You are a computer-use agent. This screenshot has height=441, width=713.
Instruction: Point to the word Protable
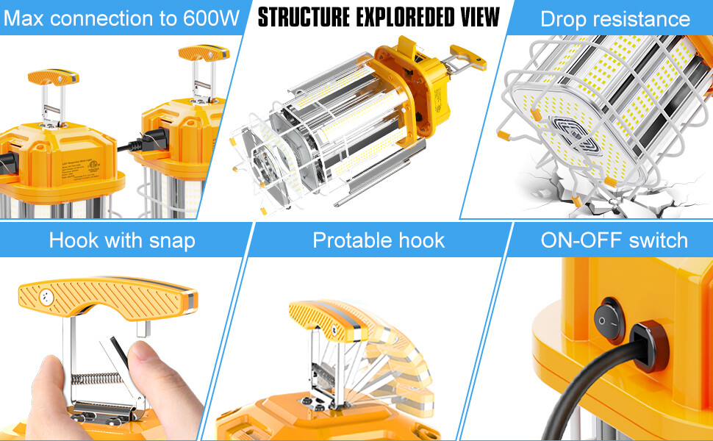pyautogui.click(x=349, y=240)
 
